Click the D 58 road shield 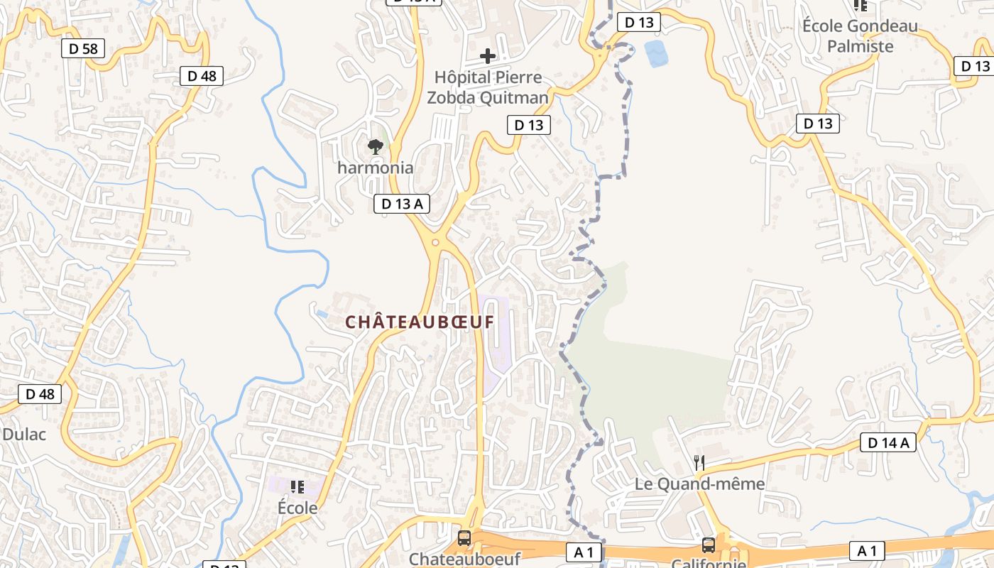point(84,48)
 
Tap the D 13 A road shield point(402,204)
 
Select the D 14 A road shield point(887,442)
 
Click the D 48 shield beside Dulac point(40,394)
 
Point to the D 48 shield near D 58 point(202,76)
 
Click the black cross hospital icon point(488,55)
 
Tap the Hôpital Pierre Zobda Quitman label point(488,87)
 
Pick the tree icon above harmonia point(375,147)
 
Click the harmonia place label point(375,168)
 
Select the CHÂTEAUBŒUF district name point(419,322)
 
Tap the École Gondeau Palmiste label point(860,36)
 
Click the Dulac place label point(23,434)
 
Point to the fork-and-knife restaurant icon point(699,463)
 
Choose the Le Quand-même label point(699,484)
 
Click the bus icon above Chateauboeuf point(464,537)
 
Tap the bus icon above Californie point(709,545)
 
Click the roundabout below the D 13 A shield point(435,242)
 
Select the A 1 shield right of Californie point(868,550)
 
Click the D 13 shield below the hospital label point(529,125)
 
